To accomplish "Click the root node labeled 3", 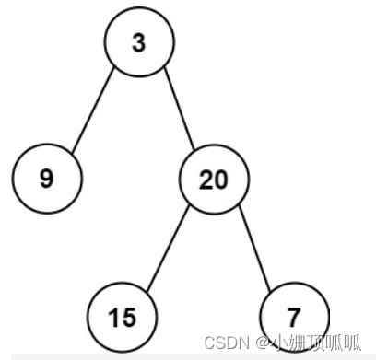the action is tap(138, 44).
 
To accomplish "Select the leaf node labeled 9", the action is tap(47, 178).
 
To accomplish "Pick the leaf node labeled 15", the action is tap(121, 318).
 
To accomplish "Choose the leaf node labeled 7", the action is tap(292, 318).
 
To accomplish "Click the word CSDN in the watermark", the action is tap(228, 343).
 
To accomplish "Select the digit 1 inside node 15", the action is tap(113, 318).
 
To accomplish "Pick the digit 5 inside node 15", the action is tap(127, 318).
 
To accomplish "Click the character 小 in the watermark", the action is tap(277, 343).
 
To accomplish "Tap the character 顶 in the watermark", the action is tap(315, 343).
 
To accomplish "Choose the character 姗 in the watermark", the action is tap(296, 343).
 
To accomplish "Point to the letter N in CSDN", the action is tap(243, 343).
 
